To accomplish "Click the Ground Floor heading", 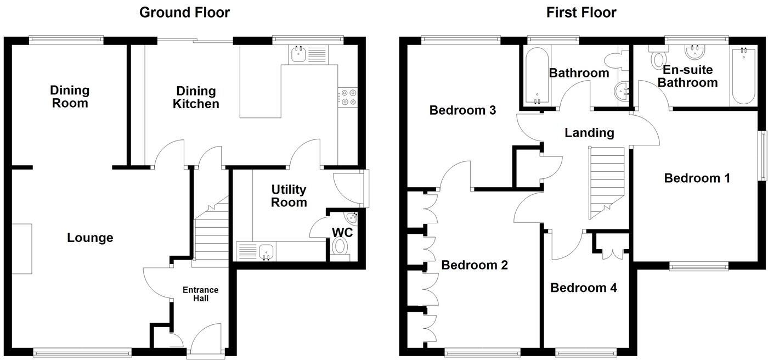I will click(184, 12).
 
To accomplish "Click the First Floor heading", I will click(581, 12).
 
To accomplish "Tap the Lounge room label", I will click(90, 238).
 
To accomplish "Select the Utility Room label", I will click(289, 196).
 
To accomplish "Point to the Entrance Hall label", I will click(200, 294).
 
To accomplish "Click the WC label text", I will click(342, 232).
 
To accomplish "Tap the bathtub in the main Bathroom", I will click(535, 77).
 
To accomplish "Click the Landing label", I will click(589, 132).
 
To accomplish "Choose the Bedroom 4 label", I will click(584, 288).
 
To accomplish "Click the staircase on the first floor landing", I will click(607, 178).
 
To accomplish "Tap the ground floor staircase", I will click(211, 233).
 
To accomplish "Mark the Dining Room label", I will click(70, 96).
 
